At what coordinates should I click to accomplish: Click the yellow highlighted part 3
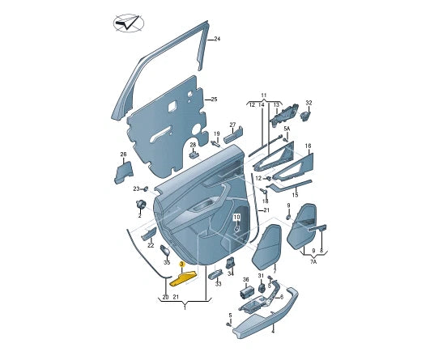(x=183, y=278)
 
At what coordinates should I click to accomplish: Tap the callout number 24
(x=217, y=39)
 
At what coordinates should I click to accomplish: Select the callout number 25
(x=214, y=100)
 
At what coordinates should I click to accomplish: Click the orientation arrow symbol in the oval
(x=128, y=23)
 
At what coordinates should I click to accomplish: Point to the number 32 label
(x=309, y=103)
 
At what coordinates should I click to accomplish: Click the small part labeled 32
(x=305, y=116)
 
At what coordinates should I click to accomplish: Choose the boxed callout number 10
(x=237, y=218)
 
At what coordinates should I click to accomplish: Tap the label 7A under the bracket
(x=313, y=261)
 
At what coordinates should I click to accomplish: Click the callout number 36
(x=245, y=280)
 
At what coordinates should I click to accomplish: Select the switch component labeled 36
(x=246, y=293)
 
